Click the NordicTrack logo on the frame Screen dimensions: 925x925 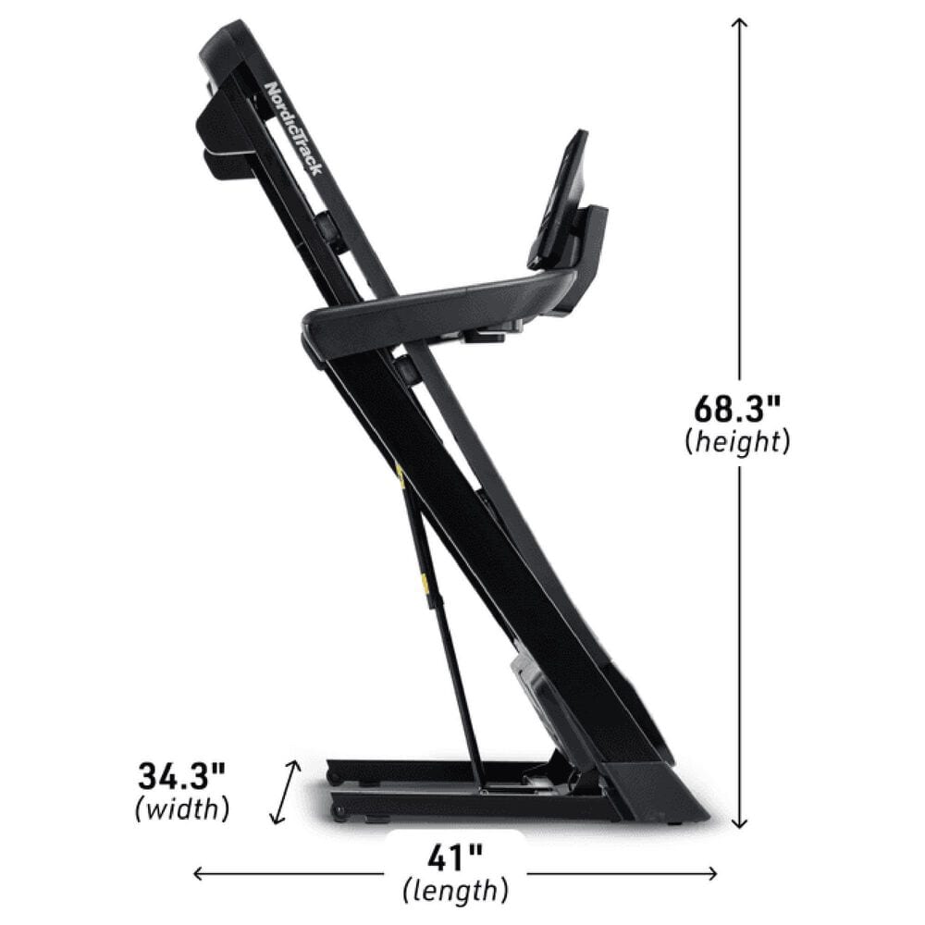point(294,130)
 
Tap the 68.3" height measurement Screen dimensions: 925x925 point(738,408)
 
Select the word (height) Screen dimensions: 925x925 point(738,442)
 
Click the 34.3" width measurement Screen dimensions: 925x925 point(181,773)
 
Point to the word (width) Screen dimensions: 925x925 point(181,809)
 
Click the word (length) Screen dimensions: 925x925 point(455,892)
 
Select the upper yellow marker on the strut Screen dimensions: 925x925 point(400,476)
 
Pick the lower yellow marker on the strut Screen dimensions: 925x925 point(425,583)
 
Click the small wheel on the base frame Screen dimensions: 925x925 point(339,813)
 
